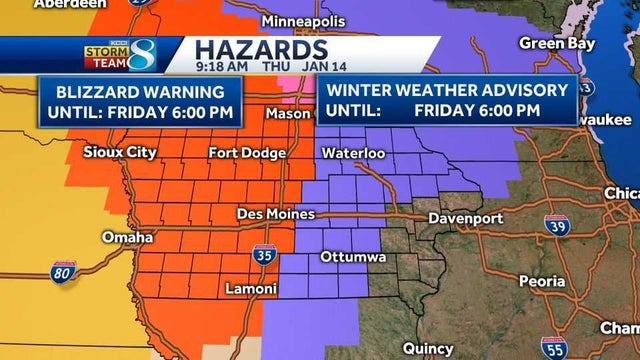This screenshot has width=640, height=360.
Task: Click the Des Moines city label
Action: point(275,214)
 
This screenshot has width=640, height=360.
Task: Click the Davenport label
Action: point(462,217)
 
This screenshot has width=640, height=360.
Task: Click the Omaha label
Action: point(127,238)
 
